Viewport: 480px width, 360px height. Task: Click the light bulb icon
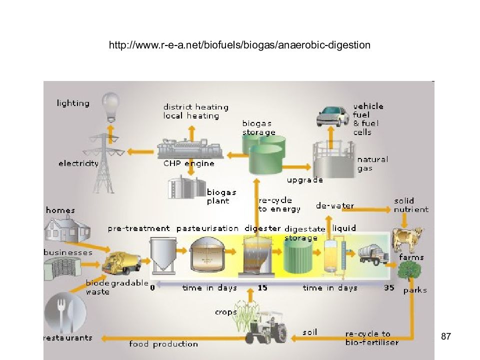click(x=110, y=106)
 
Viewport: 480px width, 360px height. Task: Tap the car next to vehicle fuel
click(x=332, y=116)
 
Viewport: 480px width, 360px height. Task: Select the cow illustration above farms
click(x=407, y=239)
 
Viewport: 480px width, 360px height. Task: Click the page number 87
click(x=445, y=336)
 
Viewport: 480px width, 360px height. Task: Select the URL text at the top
click(x=239, y=45)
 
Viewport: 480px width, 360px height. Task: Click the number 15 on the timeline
click(x=262, y=288)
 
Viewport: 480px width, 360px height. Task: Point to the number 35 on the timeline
click(x=389, y=288)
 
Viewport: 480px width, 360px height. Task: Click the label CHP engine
click(x=189, y=163)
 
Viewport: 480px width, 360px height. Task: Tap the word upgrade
click(x=305, y=180)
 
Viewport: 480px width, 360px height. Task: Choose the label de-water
click(x=335, y=205)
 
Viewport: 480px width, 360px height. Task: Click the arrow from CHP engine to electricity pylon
click(x=140, y=151)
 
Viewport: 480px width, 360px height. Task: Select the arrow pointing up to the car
click(x=330, y=137)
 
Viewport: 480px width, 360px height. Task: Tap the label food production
click(x=163, y=344)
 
